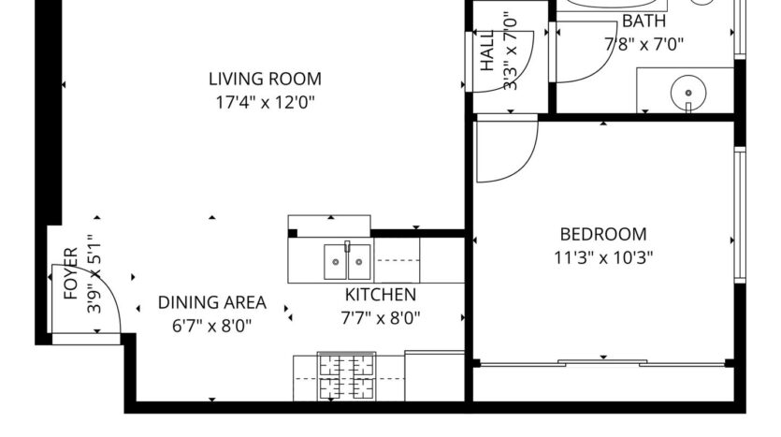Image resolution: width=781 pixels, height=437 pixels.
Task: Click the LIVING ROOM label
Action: [265, 79]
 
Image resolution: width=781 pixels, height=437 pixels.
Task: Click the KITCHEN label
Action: [380, 294]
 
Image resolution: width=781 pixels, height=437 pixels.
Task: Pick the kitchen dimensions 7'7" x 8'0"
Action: [380, 317]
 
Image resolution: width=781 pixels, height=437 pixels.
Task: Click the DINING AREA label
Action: [211, 302]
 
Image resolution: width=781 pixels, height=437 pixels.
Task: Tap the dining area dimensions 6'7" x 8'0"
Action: [211, 326]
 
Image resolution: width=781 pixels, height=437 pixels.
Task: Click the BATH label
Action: [644, 21]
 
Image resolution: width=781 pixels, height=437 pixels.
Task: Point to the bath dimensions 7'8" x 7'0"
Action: [644, 43]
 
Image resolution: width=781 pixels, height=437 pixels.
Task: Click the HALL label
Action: [487, 54]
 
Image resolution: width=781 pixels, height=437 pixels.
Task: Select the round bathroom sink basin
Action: [688, 93]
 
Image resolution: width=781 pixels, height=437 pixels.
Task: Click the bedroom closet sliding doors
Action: [603, 360]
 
